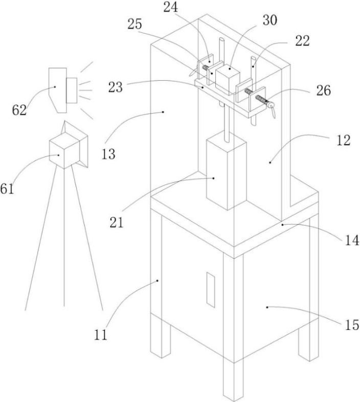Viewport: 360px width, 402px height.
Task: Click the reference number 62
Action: (19, 110)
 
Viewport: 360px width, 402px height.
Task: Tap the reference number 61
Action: (7, 189)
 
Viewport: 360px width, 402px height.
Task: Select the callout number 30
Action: (269, 20)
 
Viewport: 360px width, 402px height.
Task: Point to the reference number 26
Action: (324, 91)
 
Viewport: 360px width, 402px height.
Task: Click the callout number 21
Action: (117, 222)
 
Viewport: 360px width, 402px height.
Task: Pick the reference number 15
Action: (351, 325)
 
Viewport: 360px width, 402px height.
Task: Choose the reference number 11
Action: (101, 334)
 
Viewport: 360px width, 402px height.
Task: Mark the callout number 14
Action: (352, 240)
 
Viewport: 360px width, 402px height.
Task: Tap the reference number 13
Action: (108, 154)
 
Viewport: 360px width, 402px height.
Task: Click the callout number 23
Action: (116, 87)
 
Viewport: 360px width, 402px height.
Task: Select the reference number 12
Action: (343, 141)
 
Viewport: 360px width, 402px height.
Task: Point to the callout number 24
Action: (170, 7)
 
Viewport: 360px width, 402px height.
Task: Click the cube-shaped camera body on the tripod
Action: (64, 152)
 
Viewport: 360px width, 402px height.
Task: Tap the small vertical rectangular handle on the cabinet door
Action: (211, 289)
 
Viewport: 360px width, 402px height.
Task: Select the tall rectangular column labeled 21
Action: (226, 170)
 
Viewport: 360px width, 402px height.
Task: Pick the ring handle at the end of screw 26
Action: (272, 108)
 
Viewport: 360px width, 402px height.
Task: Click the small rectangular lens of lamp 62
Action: (72, 90)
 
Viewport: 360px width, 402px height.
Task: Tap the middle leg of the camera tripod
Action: (64, 237)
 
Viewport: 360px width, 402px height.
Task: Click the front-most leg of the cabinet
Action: (233, 329)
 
